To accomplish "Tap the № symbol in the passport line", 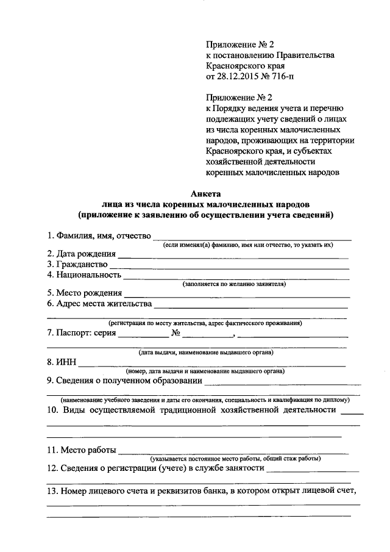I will tap(177, 334).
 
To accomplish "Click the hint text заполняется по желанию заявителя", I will tap(234, 284).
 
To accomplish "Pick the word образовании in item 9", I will tap(172, 381).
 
